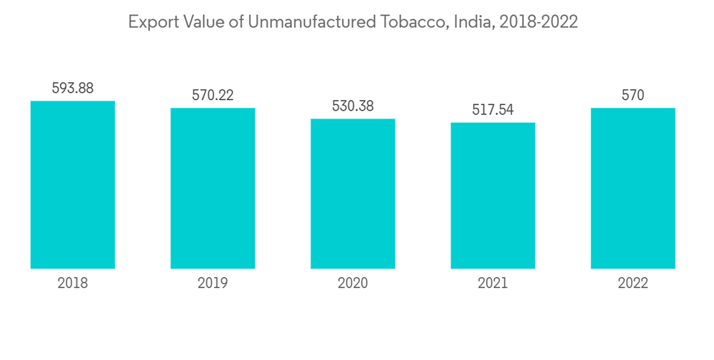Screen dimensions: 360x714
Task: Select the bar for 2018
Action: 73,185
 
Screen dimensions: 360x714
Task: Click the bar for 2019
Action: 213,189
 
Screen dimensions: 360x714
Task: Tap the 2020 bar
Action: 353,194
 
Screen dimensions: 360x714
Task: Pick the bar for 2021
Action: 493,196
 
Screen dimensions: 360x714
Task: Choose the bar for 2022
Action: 633,189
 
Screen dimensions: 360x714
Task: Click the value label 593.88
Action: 73,89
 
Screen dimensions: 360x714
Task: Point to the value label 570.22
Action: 213,95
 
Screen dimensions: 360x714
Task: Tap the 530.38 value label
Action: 353,106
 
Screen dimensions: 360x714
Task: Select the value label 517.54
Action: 493,110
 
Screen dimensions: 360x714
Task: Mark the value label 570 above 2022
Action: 633,95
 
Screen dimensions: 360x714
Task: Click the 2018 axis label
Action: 73,284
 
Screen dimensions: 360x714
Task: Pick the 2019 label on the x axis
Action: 213,284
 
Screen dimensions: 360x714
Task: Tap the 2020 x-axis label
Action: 353,284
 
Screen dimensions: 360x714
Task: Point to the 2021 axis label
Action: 493,284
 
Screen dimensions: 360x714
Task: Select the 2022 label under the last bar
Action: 633,284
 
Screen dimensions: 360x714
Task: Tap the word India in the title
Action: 473,23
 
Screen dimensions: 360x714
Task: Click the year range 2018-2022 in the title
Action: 538,23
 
